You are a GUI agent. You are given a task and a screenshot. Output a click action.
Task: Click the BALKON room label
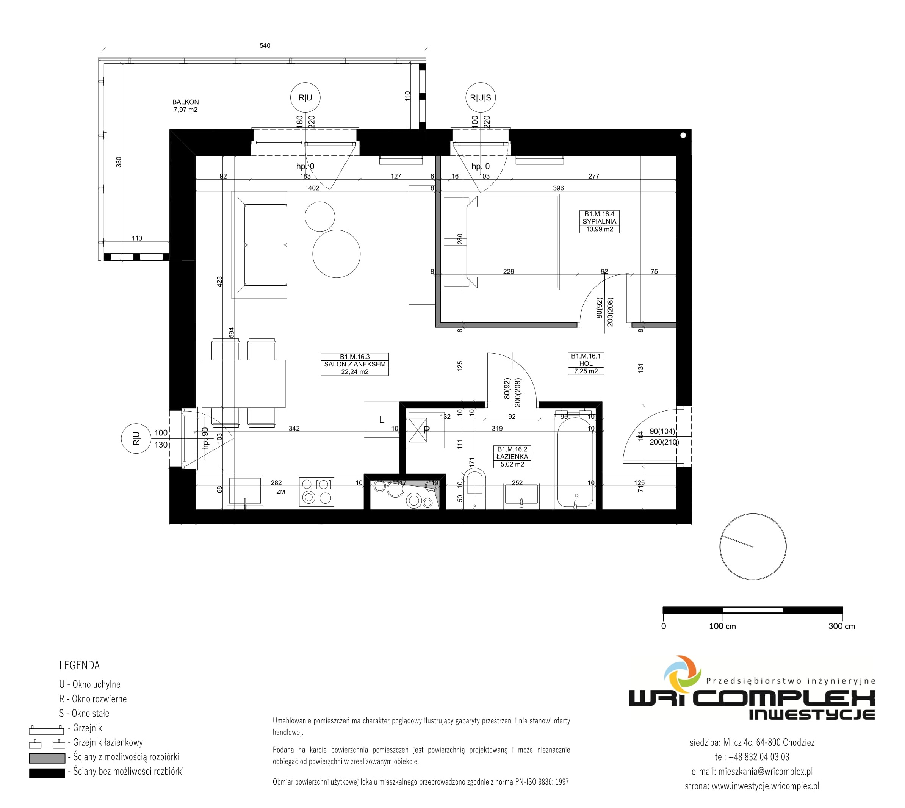(x=186, y=102)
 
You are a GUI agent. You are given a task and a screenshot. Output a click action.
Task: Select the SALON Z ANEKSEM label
(x=355, y=364)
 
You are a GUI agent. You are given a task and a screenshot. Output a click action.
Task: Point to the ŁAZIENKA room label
(x=512, y=456)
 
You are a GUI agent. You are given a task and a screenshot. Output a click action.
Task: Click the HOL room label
(x=586, y=363)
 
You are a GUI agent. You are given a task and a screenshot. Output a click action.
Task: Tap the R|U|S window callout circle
(x=480, y=98)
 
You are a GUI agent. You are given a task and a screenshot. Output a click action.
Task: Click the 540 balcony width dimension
(x=265, y=45)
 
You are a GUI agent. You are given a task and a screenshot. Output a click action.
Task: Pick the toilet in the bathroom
(x=474, y=482)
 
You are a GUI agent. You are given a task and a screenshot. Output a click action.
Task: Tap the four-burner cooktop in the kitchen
(x=316, y=491)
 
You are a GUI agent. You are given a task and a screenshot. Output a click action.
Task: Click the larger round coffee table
(x=337, y=254)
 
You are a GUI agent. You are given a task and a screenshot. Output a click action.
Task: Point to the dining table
(x=243, y=384)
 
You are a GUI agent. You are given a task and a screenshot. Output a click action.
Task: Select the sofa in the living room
(x=260, y=245)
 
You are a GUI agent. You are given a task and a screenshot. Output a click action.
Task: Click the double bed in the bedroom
(x=513, y=242)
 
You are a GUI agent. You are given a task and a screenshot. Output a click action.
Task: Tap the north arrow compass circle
(x=753, y=546)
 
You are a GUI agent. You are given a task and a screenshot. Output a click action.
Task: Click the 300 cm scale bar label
(x=842, y=626)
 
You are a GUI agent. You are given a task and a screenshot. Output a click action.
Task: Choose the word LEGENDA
(x=80, y=665)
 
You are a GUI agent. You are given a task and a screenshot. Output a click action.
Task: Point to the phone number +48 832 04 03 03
(x=759, y=757)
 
